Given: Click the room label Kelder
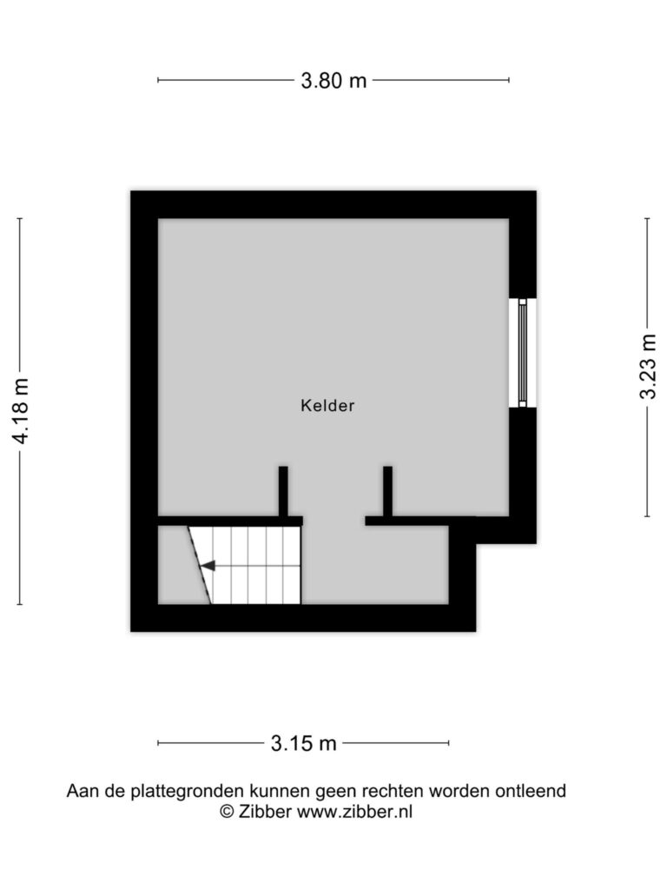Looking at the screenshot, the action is (327, 405).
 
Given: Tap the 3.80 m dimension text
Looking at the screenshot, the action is (333, 81).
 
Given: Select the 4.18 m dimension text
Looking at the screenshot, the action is (21, 411).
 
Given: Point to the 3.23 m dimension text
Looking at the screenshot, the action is (648, 368).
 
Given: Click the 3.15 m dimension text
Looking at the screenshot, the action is (303, 743).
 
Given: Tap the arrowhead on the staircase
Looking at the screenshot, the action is (208, 566).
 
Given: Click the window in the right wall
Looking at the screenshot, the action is (522, 353).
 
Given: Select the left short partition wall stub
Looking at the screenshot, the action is (283, 492).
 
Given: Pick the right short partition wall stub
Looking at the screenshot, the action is (388, 492).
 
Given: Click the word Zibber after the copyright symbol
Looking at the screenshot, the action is (265, 812).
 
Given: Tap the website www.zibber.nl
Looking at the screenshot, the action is (354, 812).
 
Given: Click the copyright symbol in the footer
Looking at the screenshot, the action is (227, 812).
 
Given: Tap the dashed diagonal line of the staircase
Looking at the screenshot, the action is (200, 565).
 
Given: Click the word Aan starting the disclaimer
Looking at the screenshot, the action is (81, 791).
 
